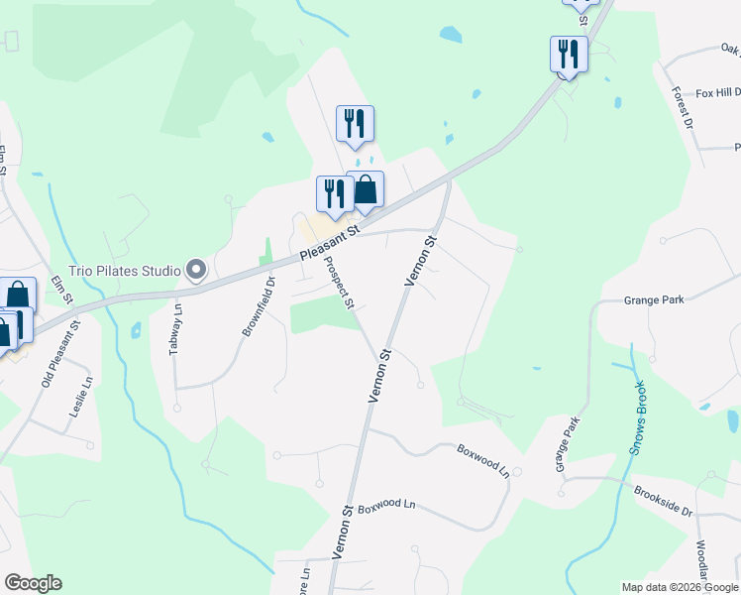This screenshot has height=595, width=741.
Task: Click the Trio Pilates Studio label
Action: click(125, 270)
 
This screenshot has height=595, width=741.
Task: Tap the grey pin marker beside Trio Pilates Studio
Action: click(196, 270)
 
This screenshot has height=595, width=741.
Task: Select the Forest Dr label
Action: click(683, 108)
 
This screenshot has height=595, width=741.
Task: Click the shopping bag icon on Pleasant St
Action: click(366, 189)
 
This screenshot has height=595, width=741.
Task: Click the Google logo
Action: click(33, 583)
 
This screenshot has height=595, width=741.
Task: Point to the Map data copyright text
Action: click(679, 587)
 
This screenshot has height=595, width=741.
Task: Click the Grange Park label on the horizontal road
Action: click(655, 299)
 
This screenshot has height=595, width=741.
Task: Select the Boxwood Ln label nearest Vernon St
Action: click(384, 506)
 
